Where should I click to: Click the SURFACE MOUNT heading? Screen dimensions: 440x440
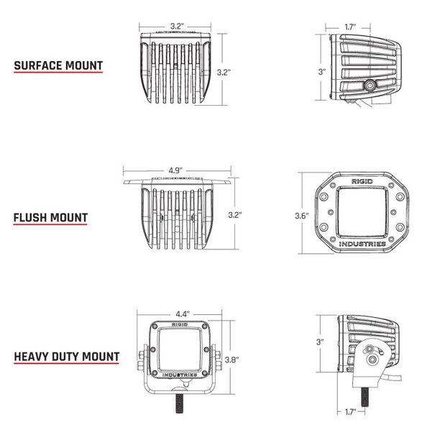coord(58,66)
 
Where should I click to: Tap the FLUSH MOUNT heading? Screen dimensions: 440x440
coord(50,216)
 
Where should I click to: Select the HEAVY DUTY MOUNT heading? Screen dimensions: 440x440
coord(65,356)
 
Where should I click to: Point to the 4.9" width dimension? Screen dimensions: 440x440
coord(175,170)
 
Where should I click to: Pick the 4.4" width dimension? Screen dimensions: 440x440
coord(181,313)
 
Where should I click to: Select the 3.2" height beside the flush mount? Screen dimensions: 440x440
coord(235,215)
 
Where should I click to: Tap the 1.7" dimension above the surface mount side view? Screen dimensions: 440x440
coord(350,27)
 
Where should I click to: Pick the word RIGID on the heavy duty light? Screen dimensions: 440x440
coord(178,322)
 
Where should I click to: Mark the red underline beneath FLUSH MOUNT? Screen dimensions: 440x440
coord(50,226)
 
